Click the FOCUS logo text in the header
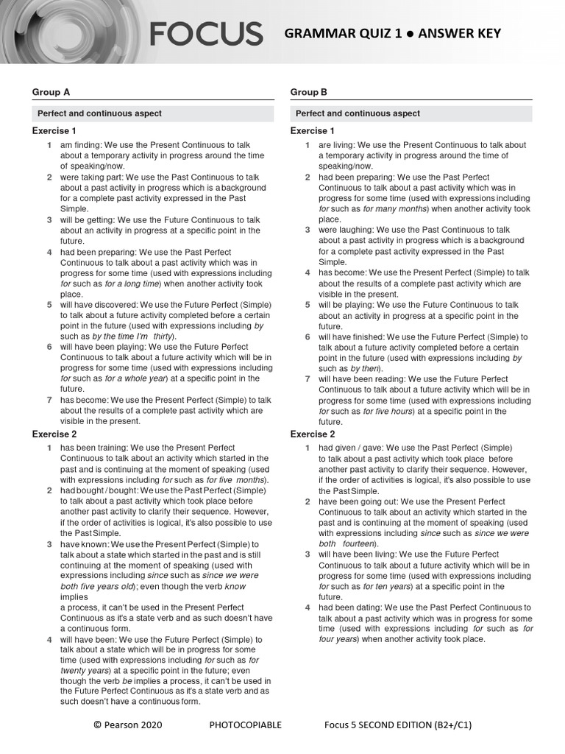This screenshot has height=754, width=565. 206,34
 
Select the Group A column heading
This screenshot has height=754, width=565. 51,92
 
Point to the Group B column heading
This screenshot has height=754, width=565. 309,92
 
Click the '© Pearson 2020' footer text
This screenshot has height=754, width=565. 128,725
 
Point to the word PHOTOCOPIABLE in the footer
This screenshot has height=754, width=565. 245,725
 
